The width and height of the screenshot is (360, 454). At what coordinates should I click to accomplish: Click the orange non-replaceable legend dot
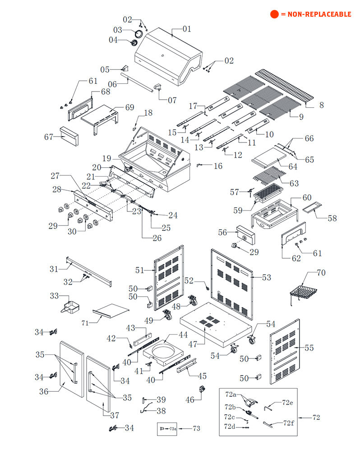(274, 14)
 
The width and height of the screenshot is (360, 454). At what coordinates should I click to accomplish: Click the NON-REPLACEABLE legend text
(316, 14)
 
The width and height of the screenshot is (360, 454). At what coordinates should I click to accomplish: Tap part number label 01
(186, 29)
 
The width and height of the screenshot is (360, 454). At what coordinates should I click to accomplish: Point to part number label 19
(106, 158)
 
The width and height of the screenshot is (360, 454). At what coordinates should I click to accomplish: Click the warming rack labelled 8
(284, 86)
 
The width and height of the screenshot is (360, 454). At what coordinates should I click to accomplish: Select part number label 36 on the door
(44, 391)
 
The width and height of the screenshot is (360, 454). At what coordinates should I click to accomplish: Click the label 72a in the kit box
(231, 394)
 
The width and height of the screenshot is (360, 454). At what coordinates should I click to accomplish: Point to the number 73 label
(196, 428)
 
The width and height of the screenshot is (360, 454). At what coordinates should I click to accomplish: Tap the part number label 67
(49, 137)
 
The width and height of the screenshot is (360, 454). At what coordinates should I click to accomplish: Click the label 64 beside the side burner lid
(293, 166)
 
